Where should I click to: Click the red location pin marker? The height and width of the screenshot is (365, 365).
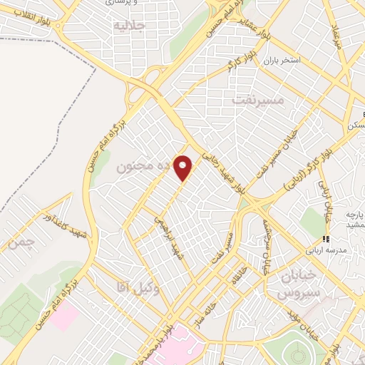184,168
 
